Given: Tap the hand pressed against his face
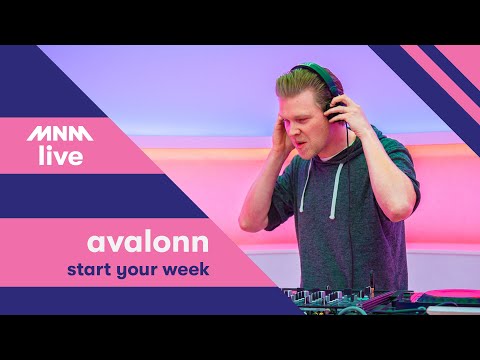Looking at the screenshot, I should pos(283,130).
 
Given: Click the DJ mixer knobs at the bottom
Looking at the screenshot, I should pos(330,298).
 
